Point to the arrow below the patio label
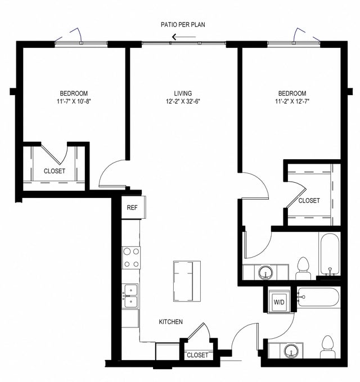[x=183, y=38]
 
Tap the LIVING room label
[x=183, y=93]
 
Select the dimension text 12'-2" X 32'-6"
[x=183, y=102]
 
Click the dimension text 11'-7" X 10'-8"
[x=74, y=102]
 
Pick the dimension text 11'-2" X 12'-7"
[x=292, y=102]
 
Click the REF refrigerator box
[x=132, y=208]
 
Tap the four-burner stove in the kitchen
[x=132, y=258]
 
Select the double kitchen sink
[x=131, y=296]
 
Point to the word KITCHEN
[x=170, y=322]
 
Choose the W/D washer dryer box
[x=279, y=302]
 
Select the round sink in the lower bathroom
[x=291, y=351]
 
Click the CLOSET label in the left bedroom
[x=55, y=171]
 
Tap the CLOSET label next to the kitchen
[x=197, y=355]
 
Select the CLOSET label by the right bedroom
[x=309, y=200]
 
